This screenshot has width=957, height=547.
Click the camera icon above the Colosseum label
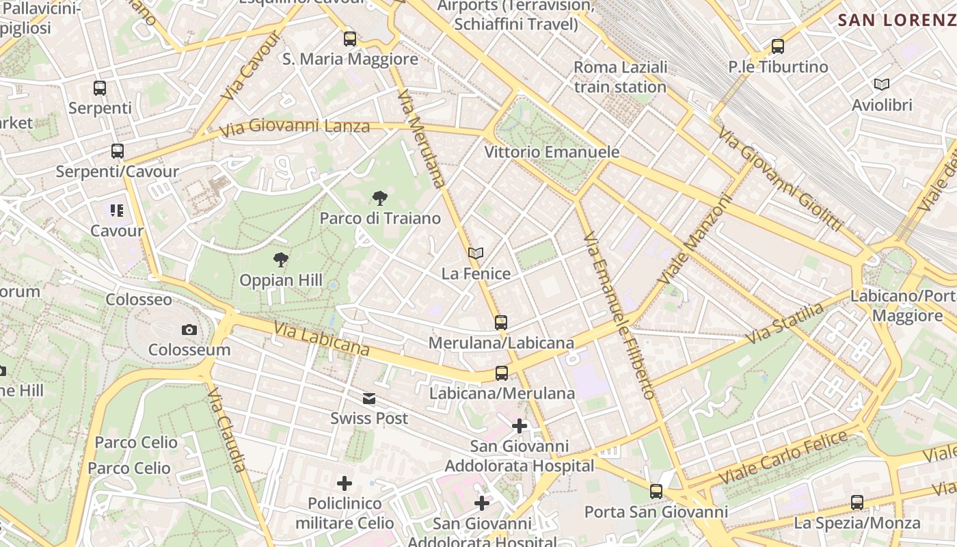pyautogui.click(x=189, y=330)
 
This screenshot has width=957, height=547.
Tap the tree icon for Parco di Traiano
pyautogui.click(x=379, y=199)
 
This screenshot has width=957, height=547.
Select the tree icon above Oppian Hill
pyautogui.click(x=280, y=260)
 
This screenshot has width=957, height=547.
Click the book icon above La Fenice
pyautogui.click(x=476, y=254)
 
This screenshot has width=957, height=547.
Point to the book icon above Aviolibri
pyautogui.click(x=882, y=85)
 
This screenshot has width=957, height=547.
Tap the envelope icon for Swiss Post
pyautogui.click(x=369, y=399)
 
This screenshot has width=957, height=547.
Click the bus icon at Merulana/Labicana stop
pyautogui.click(x=501, y=323)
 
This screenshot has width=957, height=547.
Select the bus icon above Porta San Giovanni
pyautogui.click(x=656, y=492)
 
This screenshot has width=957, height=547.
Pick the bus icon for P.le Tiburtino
pyautogui.click(x=777, y=46)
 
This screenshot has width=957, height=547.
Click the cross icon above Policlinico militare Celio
pyautogui.click(x=345, y=484)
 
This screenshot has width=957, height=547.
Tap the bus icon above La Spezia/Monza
pyautogui.click(x=857, y=503)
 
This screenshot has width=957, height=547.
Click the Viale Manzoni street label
pyautogui.click(x=695, y=239)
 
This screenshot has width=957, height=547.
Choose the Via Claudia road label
pyautogui.click(x=226, y=429)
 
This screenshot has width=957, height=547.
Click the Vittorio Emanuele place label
pyautogui.click(x=552, y=152)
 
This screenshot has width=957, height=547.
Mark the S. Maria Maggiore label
pyautogui.click(x=350, y=59)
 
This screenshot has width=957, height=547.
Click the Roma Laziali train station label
pyautogui.click(x=620, y=77)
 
